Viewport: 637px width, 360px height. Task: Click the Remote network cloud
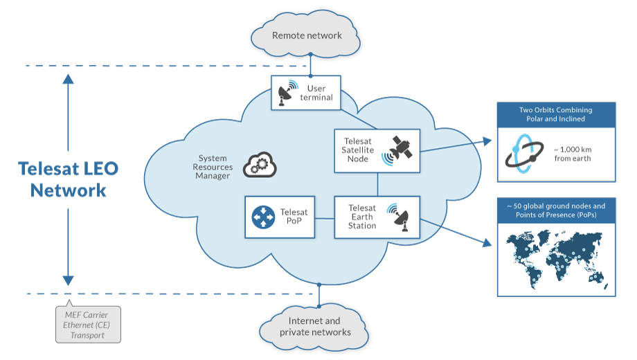[x=307, y=36]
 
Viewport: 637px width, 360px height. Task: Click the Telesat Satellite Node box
[x=377, y=150]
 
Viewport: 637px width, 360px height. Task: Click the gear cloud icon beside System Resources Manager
[x=260, y=166]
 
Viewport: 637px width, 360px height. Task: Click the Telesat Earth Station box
[x=377, y=217]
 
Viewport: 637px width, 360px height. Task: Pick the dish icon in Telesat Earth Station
[x=400, y=216]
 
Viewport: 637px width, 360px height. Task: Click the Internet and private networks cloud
[x=315, y=326]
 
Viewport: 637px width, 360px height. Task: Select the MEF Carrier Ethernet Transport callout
[x=89, y=325]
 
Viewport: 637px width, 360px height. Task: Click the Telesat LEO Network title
[x=68, y=179]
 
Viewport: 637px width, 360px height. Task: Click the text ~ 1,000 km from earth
[x=573, y=154]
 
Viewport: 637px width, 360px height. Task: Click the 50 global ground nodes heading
[x=556, y=210]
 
